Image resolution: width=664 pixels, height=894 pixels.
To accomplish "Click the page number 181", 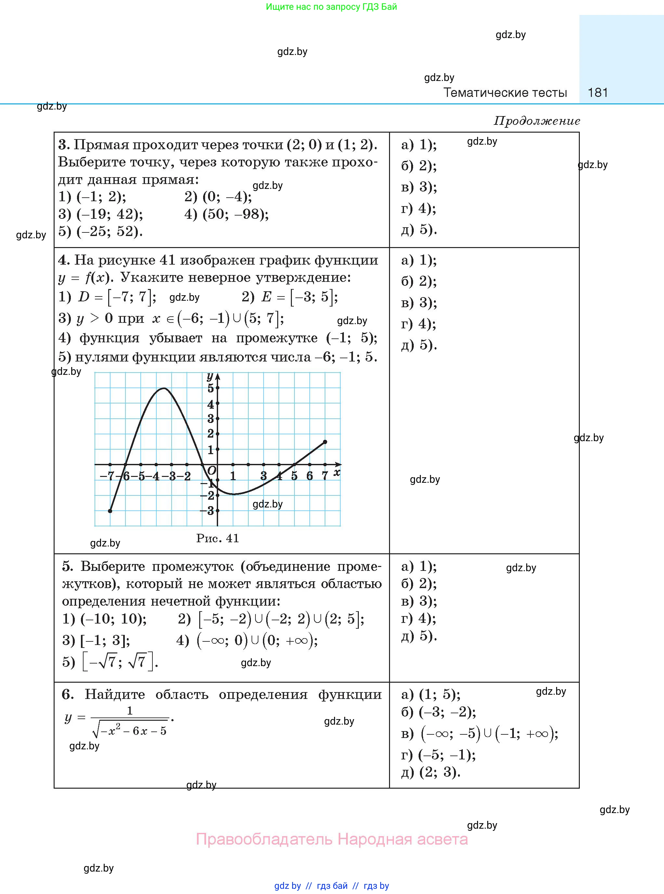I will pos(597,93).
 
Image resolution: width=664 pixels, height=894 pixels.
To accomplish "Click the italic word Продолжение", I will pos(537,121).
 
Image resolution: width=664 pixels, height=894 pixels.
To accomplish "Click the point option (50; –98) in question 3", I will pos(235,214).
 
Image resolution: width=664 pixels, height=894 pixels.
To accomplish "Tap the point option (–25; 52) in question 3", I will pos(109,231).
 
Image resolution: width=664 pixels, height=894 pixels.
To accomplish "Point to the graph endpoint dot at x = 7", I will pos(325,442).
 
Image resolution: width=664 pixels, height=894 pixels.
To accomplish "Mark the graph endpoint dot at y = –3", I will pos(110,511).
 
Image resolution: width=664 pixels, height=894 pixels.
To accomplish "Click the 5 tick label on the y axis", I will pos(210,388).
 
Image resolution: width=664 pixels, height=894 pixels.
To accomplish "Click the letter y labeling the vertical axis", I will pos(209,376).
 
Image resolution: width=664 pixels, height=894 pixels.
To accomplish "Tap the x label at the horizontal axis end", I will pos(337,472).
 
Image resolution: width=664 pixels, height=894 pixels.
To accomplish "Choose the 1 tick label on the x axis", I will pos(233,476).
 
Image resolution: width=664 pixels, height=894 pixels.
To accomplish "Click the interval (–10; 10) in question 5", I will pos(113,619).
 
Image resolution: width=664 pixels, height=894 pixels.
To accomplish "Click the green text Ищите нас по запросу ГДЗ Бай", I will pos(331,7).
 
